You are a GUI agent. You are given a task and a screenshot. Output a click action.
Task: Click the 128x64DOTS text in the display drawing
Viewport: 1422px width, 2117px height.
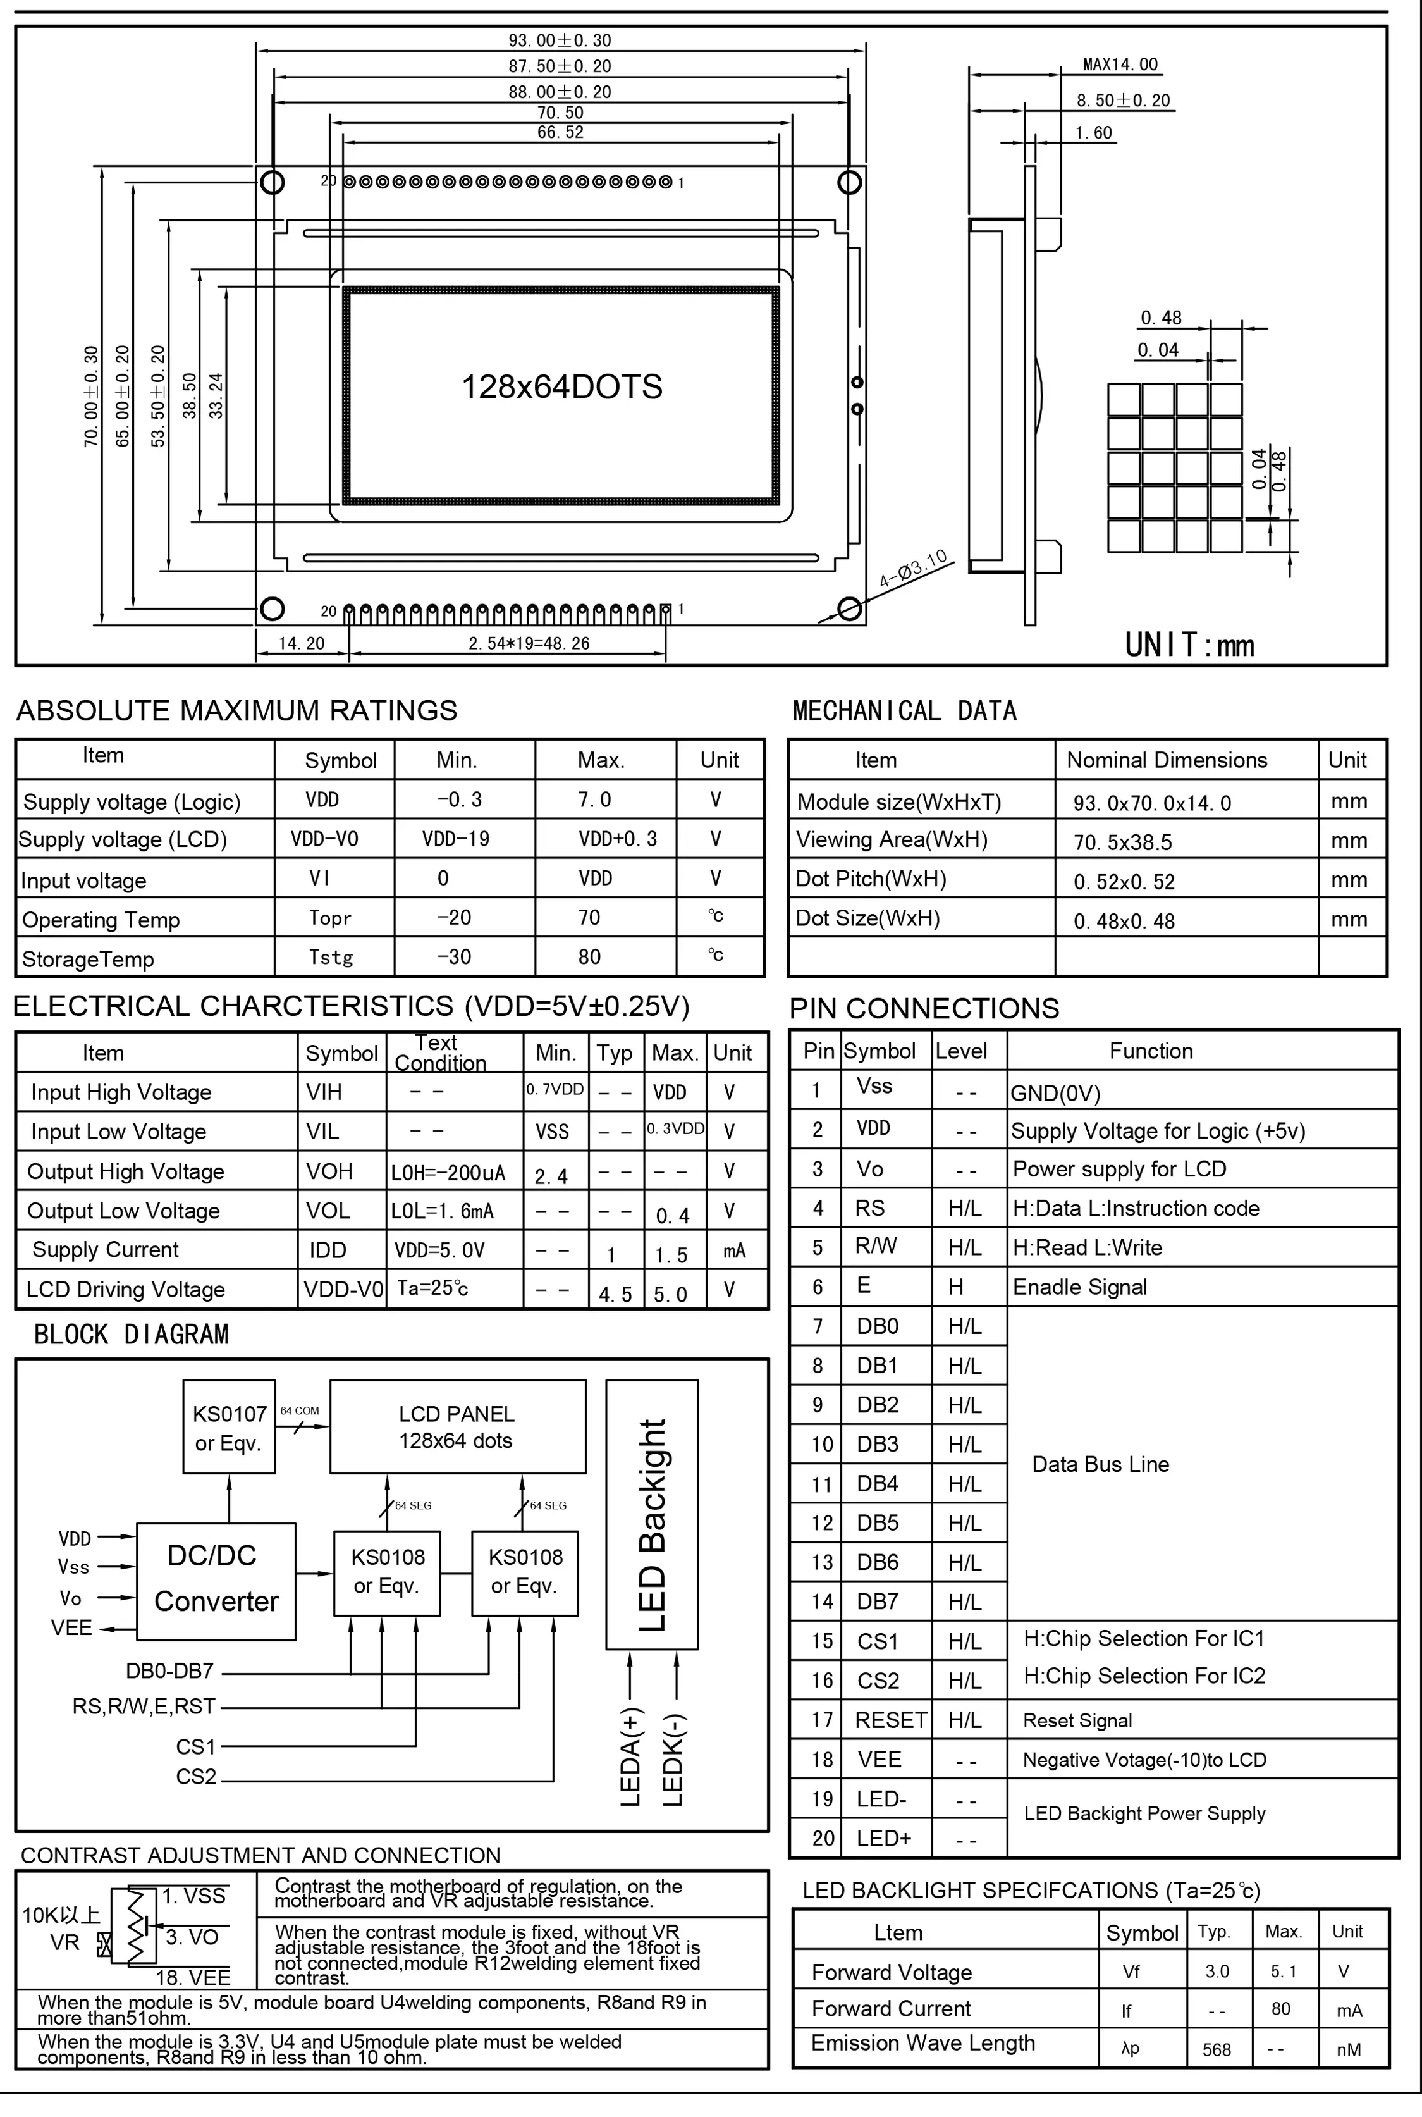point(561,387)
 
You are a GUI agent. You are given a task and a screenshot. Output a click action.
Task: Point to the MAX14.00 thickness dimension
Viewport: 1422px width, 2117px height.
point(1120,65)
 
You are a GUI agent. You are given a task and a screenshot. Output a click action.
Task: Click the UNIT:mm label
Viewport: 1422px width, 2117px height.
point(1189,645)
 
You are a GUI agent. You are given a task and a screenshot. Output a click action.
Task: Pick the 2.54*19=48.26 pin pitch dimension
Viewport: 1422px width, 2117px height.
point(529,643)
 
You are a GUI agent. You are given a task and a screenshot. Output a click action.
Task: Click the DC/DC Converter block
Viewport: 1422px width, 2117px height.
point(216,1579)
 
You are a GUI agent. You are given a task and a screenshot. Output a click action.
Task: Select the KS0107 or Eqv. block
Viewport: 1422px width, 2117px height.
point(230,1428)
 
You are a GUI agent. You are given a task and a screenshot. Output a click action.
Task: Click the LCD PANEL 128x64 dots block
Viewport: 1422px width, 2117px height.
point(457,1427)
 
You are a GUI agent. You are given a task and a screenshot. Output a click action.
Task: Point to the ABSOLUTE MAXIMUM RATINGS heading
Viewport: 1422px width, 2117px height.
point(236,710)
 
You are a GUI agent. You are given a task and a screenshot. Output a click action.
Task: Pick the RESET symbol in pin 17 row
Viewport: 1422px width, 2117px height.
point(890,1720)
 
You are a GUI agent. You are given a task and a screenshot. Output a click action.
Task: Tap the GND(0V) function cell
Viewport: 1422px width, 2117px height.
point(1055,1093)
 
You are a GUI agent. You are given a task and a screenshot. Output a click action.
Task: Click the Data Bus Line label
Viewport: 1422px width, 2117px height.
point(1100,1464)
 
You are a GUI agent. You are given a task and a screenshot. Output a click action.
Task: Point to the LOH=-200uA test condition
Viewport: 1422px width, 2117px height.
point(448,1173)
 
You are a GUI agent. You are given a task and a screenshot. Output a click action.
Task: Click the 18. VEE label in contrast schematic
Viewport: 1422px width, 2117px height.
point(193,1977)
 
